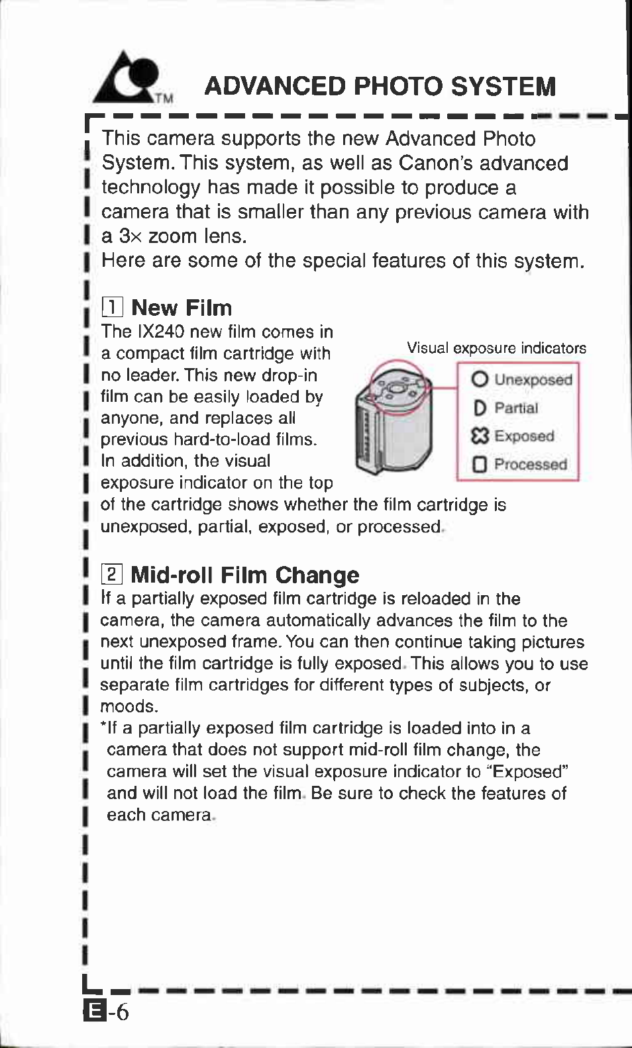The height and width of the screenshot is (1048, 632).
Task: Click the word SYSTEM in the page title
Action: click(x=503, y=87)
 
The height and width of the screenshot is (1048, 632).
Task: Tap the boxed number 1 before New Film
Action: click(x=113, y=307)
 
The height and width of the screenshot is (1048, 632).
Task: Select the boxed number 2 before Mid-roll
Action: click(x=112, y=574)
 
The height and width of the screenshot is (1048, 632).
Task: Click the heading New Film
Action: click(x=182, y=308)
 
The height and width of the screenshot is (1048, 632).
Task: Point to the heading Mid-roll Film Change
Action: click(x=245, y=575)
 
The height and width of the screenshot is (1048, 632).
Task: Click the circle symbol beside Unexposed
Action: click(x=480, y=379)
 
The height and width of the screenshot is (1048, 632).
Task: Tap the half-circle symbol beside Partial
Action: click(x=480, y=408)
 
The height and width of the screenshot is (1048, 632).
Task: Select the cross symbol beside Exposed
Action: click(x=480, y=436)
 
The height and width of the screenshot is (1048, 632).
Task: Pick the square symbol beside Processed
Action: click(x=480, y=464)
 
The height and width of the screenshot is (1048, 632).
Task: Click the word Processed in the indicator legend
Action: click(x=531, y=464)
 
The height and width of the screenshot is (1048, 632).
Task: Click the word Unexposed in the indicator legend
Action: click(x=534, y=379)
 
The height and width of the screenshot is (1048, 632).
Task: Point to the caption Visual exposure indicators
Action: click(x=496, y=348)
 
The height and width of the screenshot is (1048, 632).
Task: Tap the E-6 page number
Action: click(x=106, y=1012)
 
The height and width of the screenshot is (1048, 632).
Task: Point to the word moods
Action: click(x=129, y=706)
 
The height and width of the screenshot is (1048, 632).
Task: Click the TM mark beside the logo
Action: click(x=164, y=99)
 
